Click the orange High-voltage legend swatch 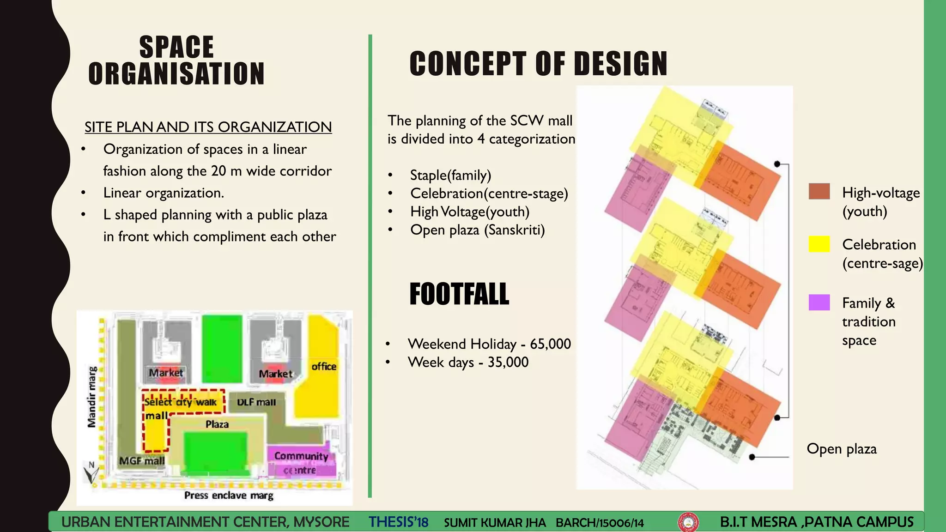click(819, 192)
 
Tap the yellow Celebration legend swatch click(819, 244)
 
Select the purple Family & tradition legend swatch click(819, 302)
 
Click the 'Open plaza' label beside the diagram click(841, 449)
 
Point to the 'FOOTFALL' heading click(459, 294)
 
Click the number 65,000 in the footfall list click(550, 344)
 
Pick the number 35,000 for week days click(508, 362)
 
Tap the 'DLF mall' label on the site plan click(256, 402)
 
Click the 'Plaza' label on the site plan click(217, 424)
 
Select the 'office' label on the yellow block click(324, 366)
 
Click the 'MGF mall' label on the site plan click(142, 461)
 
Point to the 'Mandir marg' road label click(92, 397)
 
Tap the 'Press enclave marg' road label click(229, 496)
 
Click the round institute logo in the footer click(688, 522)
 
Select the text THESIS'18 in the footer click(398, 522)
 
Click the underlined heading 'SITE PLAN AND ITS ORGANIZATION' click(208, 127)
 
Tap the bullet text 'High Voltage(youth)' click(470, 212)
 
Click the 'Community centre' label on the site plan click(301, 463)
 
